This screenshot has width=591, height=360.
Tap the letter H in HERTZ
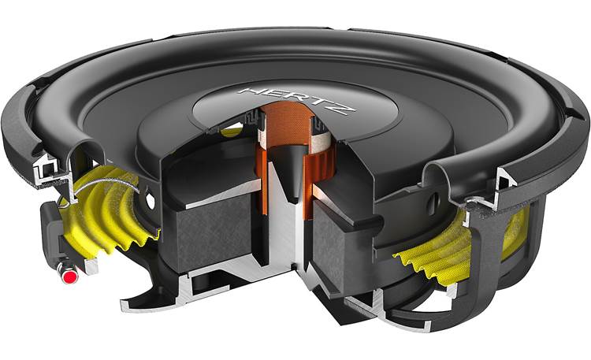point(250,92)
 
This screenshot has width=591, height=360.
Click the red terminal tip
point(70,277)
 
